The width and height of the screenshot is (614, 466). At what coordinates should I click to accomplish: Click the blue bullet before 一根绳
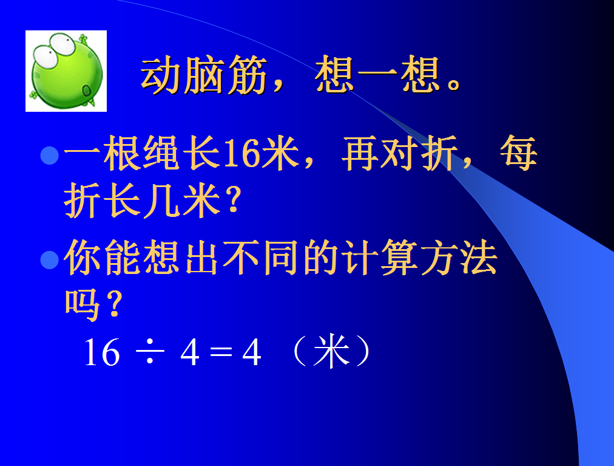coord(50,156)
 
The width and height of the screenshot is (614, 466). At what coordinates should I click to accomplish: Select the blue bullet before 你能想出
coord(50,259)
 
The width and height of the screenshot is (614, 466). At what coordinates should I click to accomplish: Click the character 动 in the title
coord(161,75)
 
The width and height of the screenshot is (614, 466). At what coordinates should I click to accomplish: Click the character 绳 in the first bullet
coord(162,153)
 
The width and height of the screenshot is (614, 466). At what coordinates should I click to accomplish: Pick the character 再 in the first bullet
coord(359,153)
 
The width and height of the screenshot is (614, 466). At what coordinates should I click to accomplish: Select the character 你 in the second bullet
coord(84,258)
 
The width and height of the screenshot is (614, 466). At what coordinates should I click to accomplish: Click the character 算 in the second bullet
coord(399,258)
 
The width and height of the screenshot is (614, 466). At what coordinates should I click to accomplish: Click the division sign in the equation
coord(150,352)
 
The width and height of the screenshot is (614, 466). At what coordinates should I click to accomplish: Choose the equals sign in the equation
coord(221,352)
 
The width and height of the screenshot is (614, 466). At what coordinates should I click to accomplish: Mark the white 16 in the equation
coord(102,352)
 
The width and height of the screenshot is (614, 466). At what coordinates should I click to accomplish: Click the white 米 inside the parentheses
coord(331,351)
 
